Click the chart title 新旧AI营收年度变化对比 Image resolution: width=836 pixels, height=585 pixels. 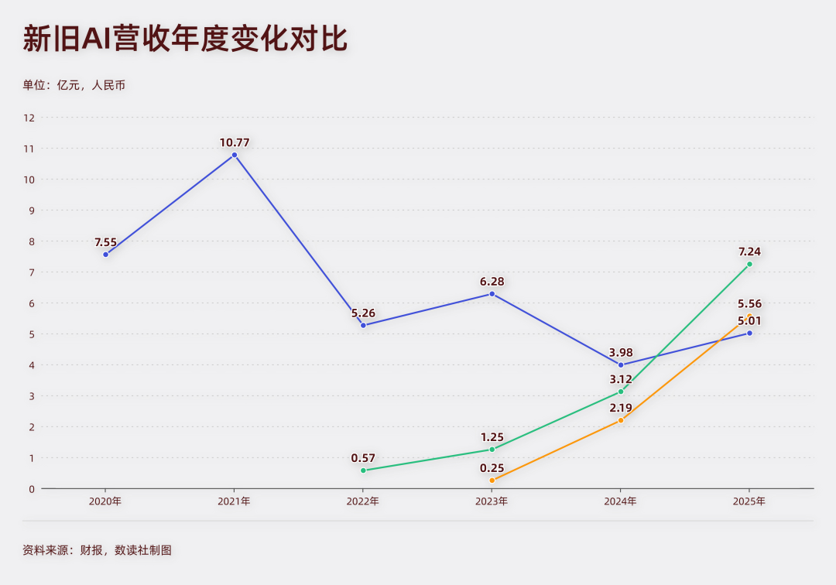[x=185, y=39]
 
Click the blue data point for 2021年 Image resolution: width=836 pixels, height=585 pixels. [x=235, y=155]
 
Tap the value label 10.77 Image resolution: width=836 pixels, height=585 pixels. [x=235, y=142]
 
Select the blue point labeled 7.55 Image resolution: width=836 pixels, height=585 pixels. [x=106, y=254]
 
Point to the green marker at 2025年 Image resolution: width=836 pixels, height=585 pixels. [x=749, y=264]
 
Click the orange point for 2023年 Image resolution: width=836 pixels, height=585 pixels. [x=492, y=481]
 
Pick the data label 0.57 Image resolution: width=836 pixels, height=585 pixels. [x=363, y=458]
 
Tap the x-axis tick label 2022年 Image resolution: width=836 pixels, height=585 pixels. [x=363, y=501]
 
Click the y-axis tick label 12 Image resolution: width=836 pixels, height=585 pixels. [x=29, y=118]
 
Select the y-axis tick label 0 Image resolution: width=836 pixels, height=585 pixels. [x=32, y=488]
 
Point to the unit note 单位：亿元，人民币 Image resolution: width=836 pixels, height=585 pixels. [x=74, y=85]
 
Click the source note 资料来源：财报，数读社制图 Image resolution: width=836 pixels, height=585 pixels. [x=97, y=550]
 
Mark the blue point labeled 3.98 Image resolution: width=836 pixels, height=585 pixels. [x=621, y=364]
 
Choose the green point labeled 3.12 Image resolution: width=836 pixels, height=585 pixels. [x=621, y=392]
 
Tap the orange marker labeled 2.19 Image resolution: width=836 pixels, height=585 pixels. [x=621, y=420]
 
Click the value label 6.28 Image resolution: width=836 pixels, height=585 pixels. [x=492, y=282]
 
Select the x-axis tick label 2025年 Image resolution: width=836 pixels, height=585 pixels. [x=749, y=501]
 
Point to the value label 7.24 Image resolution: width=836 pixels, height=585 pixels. [x=749, y=251]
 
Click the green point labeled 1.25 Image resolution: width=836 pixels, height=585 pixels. [x=492, y=450]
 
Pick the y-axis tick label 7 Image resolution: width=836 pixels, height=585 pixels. [x=32, y=272]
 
